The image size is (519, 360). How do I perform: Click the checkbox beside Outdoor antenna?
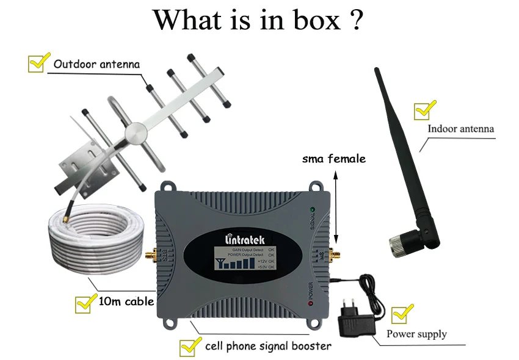(37, 63)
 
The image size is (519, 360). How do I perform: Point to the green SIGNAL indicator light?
(311, 212)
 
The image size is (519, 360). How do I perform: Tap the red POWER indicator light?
(311, 303)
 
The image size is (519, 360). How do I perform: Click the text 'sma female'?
(334, 159)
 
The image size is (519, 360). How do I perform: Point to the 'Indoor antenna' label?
(460, 129)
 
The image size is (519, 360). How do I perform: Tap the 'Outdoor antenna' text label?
(96, 64)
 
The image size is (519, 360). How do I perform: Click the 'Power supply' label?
(416, 334)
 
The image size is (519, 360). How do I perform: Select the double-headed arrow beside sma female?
(335, 208)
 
